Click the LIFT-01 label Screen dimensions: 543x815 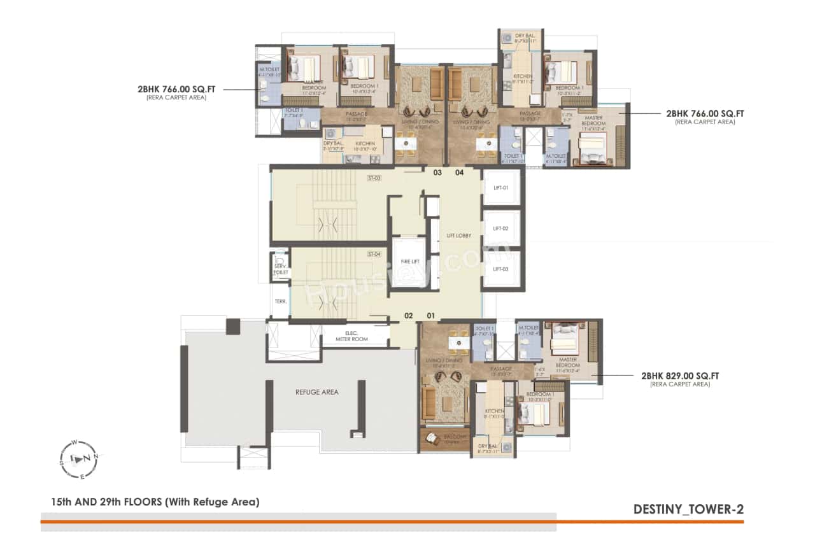point(502,188)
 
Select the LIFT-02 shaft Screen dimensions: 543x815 point(502,229)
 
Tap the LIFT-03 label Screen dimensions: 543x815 point(502,269)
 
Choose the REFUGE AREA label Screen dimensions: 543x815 point(316,392)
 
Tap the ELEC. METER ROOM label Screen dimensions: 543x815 point(355,336)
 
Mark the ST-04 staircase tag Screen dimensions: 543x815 point(374,254)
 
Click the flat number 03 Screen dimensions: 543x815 point(437,173)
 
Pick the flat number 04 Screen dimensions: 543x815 point(459,173)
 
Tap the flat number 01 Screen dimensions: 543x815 point(430,315)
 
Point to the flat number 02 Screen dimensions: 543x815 point(409,315)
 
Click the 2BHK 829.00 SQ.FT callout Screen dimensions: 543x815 point(680,376)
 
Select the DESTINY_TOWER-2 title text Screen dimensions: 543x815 point(688,509)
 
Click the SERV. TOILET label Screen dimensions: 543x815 point(280,269)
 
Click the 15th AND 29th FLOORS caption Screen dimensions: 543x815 point(155,502)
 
